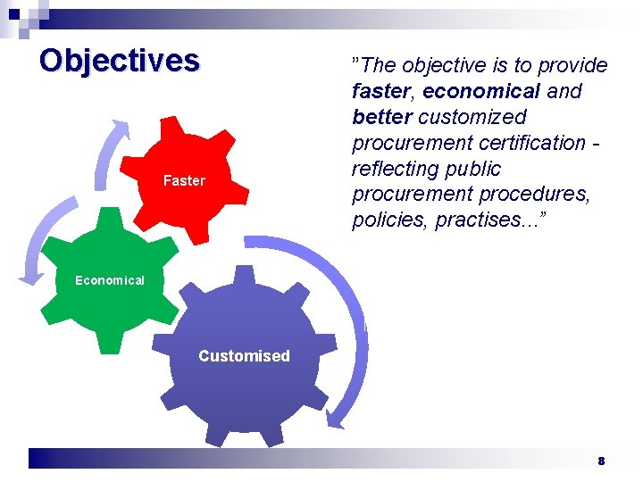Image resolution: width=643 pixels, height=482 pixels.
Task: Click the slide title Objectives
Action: click(120, 60)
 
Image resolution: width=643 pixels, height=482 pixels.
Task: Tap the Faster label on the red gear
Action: click(184, 180)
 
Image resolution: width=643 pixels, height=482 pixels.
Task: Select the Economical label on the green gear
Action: click(109, 280)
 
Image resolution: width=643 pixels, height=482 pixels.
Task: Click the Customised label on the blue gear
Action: click(244, 356)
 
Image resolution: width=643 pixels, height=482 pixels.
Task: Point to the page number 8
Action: click(601, 461)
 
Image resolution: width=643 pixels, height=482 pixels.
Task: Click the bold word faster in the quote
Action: click(383, 91)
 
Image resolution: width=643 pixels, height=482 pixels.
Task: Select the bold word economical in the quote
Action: click(481, 91)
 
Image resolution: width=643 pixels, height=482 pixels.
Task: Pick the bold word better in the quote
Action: click(382, 117)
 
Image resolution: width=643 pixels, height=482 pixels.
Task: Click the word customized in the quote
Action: click(472, 117)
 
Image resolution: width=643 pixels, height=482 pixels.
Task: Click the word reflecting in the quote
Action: click(394, 169)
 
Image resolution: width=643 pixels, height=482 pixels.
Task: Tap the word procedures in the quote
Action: click(538, 195)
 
